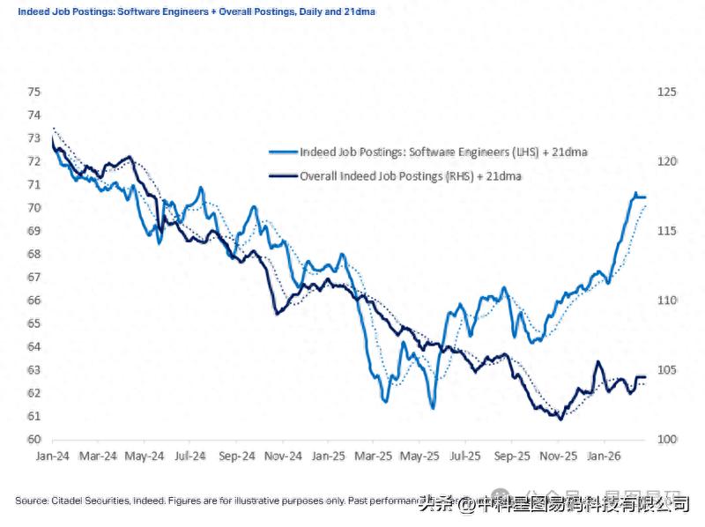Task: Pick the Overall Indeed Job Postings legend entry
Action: [x=412, y=176]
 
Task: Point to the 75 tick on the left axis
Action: [x=34, y=92]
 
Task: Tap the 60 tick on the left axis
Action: [x=34, y=440]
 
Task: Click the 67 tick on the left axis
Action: [x=34, y=278]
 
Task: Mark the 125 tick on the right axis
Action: [x=666, y=92]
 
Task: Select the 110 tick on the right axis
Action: [x=666, y=301]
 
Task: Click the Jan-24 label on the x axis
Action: [x=52, y=456]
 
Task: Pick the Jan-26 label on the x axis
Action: [x=605, y=456]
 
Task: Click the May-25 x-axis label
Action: [x=420, y=456]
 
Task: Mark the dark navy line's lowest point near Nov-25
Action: [x=560, y=419]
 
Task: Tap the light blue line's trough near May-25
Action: [x=433, y=407]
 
